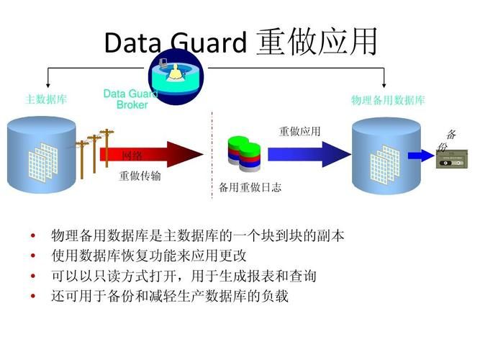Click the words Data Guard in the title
[176, 42]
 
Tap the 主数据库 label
[46, 99]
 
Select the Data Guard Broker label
[127, 99]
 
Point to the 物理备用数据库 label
[387, 100]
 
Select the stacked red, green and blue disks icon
[243, 154]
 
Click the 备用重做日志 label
[250, 188]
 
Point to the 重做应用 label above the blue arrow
[299, 131]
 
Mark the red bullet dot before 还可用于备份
[32, 297]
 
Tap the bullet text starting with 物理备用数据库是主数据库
[197, 236]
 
